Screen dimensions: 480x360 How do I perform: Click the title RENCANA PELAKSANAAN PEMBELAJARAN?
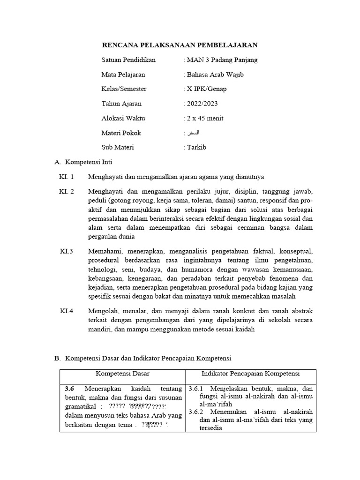point(180,45)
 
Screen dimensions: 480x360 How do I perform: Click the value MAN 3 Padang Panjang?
point(222,60)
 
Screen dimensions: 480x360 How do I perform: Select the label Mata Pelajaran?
point(123,75)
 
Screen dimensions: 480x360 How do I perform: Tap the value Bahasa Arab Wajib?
point(215,75)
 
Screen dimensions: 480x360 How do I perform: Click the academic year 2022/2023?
point(202,104)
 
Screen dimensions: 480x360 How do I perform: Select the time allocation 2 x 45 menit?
point(205,118)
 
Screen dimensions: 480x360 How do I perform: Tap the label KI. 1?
point(67,177)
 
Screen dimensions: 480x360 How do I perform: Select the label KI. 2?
point(67,192)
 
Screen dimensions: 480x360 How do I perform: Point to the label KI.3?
point(67,251)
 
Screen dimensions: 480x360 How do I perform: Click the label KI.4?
point(67,311)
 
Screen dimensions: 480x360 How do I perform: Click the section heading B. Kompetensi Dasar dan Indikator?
point(143,359)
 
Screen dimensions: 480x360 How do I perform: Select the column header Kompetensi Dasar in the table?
point(123,374)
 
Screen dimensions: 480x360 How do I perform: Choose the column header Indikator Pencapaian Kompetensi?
point(251,374)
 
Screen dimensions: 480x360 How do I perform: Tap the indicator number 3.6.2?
point(197,412)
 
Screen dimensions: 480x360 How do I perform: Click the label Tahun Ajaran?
point(121,104)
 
